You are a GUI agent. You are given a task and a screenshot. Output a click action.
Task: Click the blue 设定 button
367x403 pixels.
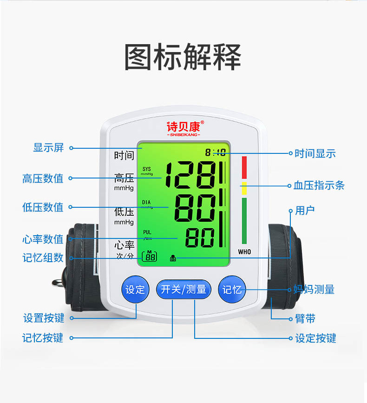pyautogui.click(x=135, y=290)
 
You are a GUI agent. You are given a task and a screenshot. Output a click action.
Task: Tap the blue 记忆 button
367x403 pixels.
pyautogui.click(x=232, y=290)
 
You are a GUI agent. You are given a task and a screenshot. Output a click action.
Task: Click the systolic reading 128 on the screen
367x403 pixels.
pyautogui.click(x=190, y=175)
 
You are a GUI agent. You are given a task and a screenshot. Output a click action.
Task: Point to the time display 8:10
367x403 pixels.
pyautogui.click(x=215, y=152)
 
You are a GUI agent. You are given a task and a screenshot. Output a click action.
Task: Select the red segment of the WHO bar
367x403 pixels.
pyautogui.click(x=244, y=168)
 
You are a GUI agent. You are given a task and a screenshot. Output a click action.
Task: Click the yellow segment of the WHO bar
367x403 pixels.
pyautogui.click(x=244, y=188)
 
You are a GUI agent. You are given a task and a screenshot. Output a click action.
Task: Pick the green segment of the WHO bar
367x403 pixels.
pyautogui.click(x=244, y=221)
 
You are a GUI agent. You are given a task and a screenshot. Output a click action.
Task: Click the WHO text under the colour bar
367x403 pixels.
pyautogui.click(x=244, y=252)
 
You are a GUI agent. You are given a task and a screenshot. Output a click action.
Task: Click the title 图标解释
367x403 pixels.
pyautogui.click(x=183, y=57)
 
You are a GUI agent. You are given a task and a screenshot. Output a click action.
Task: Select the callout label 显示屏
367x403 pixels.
pyautogui.click(x=48, y=148)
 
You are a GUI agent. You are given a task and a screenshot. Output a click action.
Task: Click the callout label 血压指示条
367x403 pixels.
pyautogui.click(x=319, y=185)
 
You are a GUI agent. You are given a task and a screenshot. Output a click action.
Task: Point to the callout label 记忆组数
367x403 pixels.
pyautogui.click(x=43, y=258)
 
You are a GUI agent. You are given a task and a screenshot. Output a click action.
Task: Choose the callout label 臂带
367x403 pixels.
pyautogui.click(x=305, y=319)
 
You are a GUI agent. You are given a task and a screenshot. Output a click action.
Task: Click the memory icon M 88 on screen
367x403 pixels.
pyautogui.click(x=150, y=256)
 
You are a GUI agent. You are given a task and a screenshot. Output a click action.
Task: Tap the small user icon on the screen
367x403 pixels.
pyautogui.click(x=173, y=258)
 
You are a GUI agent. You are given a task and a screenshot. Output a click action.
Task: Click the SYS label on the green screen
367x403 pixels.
pyautogui.click(x=147, y=169)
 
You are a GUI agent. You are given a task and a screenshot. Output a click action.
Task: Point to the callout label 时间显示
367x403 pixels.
pyautogui.click(x=315, y=153)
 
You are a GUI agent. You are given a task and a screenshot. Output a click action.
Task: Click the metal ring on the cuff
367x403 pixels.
pyautogui.click(x=59, y=283)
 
